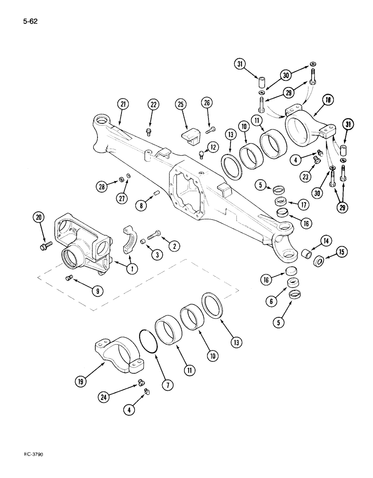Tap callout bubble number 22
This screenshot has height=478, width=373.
153,105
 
